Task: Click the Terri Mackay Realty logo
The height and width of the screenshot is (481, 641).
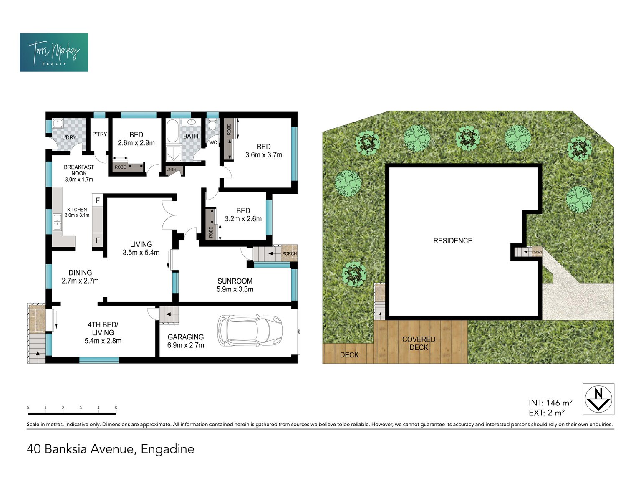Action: (x=54, y=52)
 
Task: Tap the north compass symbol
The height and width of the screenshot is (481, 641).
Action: (x=598, y=399)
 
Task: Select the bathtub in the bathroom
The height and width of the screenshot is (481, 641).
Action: (x=172, y=131)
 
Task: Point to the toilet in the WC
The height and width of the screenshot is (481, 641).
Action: (x=212, y=124)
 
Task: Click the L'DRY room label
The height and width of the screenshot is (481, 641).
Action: (x=69, y=137)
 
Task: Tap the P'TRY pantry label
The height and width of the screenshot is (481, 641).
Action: (x=100, y=134)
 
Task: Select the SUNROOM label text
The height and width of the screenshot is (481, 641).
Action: (x=235, y=281)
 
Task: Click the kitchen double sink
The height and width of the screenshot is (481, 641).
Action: (x=57, y=222)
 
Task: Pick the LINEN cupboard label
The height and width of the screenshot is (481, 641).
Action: (x=171, y=170)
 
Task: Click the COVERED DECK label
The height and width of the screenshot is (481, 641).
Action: (x=419, y=344)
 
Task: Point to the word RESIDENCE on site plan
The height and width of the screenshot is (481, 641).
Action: (x=453, y=241)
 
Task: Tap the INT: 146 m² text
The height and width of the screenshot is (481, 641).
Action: (x=550, y=403)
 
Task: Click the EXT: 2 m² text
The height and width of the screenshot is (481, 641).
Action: (x=546, y=413)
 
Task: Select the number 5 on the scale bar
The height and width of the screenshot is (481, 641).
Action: (x=116, y=408)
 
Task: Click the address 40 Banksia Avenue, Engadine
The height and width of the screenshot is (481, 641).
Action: (x=111, y=449)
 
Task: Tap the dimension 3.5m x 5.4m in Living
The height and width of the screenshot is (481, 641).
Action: (x=141, y=253)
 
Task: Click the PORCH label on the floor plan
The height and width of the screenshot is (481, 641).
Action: (x=289, y=253)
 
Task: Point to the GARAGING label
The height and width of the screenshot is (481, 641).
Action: (x=186, y=337)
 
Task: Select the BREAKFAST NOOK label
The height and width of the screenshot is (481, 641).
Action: (x=79, y=170)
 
